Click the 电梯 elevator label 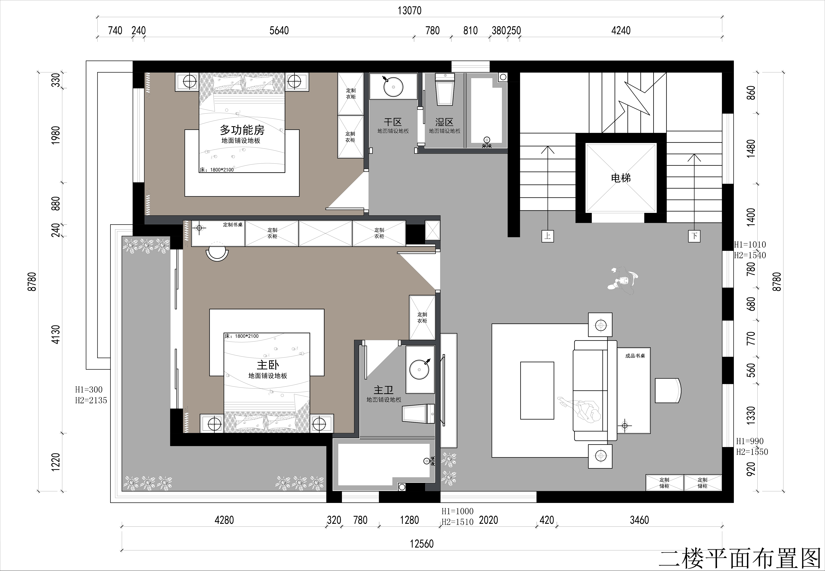click(x=621, y=178)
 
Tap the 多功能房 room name click(x=242, y=129)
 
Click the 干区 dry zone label click(x=393, y=122)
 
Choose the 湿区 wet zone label click(x=444, y=122)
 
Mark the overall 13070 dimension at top click(x=410, y=11)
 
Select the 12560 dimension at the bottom click(x=422, y=544)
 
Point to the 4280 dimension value click(x=224, y=520)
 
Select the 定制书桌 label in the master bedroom click(x=233, y=225)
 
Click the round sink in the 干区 click(x=393, y=87)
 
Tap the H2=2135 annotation click(x=91, y=400)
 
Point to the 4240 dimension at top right click(x=621, y=30)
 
